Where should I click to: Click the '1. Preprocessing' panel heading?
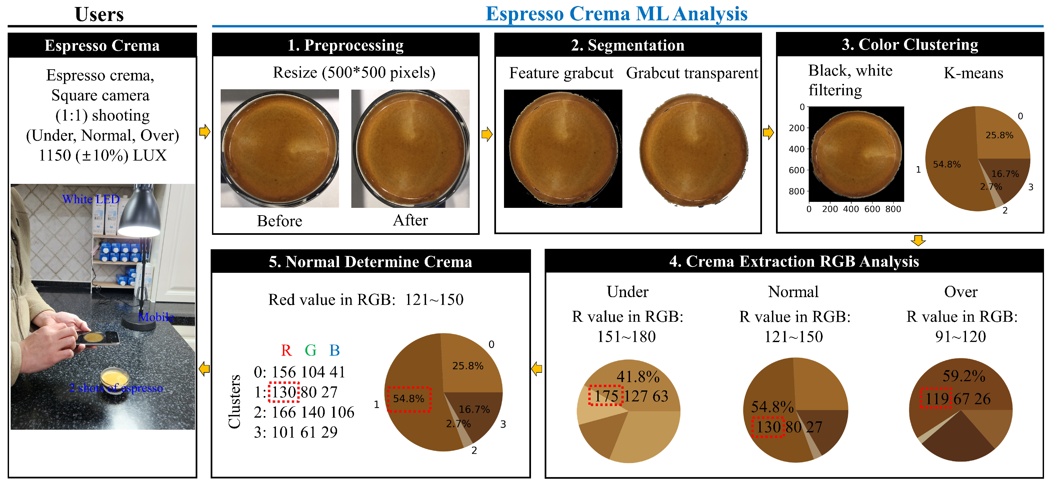346,45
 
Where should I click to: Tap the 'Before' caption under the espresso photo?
279,221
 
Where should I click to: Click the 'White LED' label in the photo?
90,199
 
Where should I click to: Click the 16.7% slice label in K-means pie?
1005,174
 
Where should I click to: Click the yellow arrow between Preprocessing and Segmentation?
487,134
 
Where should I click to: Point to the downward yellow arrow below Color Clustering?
918,241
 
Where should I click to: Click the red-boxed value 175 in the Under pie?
606,396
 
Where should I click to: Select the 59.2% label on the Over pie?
964,376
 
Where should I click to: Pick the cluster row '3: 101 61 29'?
296,432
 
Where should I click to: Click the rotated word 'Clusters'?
234,401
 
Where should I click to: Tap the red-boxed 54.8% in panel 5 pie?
408,398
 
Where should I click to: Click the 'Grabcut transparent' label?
692,73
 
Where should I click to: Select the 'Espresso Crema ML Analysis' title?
616,14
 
